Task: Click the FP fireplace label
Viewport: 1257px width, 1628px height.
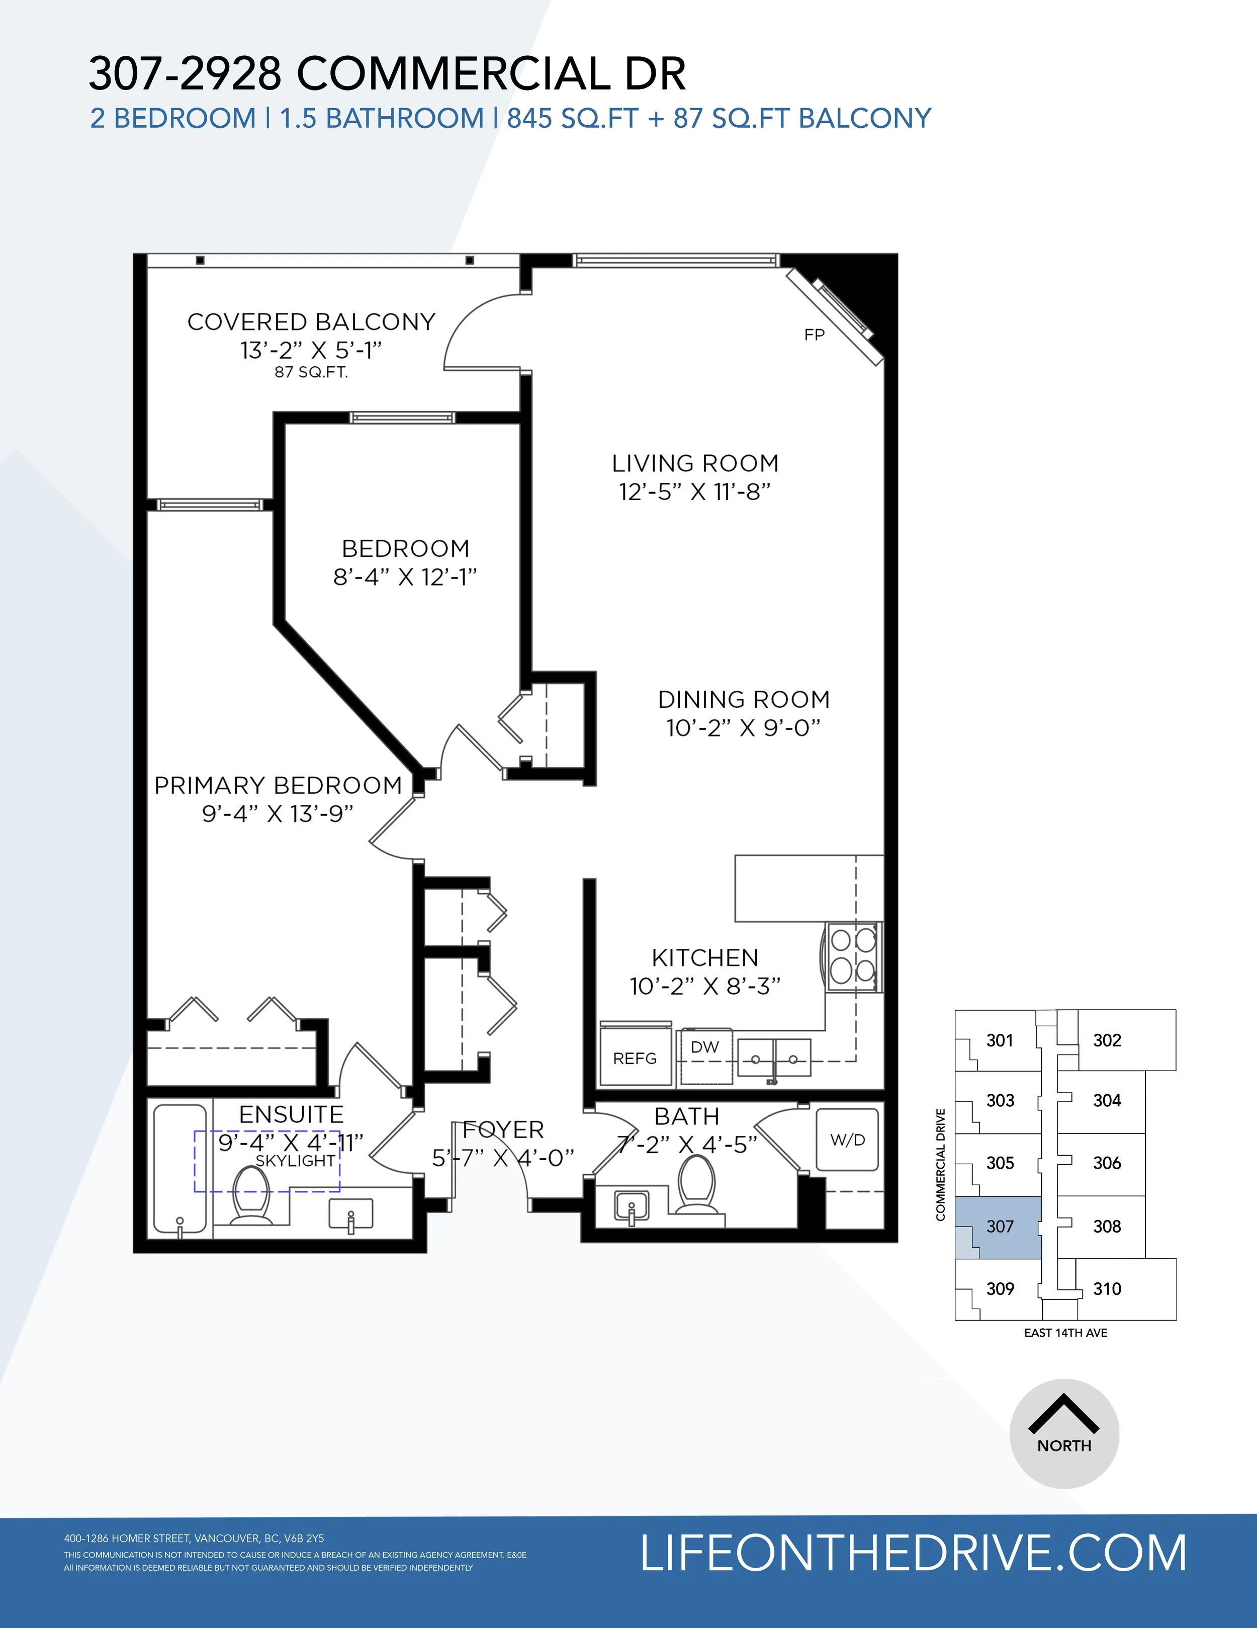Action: coord(815,335)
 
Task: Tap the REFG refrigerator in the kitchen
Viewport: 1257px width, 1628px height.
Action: coord(636,1054)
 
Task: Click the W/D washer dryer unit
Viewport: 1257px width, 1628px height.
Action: coord(847,1139)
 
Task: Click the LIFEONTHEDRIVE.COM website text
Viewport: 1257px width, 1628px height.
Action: coord(914,1553)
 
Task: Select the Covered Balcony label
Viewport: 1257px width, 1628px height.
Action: coord(311,322)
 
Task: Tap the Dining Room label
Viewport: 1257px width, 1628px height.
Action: coord(744,699)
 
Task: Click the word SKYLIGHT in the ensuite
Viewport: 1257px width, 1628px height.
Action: coord(295,1161)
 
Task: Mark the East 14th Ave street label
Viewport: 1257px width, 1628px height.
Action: coord(1065,1333)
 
